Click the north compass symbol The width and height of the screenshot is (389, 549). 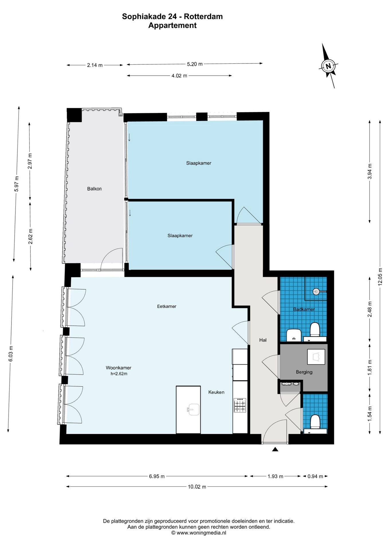click(x=328, y=66)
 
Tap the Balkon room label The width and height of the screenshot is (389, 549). click(x=94, y=189)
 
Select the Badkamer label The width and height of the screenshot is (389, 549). click(x=304, y=309)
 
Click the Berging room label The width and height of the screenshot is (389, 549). click(x=304, y=372)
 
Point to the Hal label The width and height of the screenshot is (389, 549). click(x=263, y=340)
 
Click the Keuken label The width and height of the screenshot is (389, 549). click(x=216, y=392)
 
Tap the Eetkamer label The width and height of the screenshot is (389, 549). click(x=167, y=306)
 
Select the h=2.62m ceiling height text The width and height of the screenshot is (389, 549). click(x=119, y=374)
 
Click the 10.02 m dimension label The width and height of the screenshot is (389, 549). click(x=197, y=487)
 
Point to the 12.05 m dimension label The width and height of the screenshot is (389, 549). click(x=380, y=277)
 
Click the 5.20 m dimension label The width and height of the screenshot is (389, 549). click(x=195, y=64)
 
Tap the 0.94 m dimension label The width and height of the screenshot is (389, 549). click(x=315, y=476)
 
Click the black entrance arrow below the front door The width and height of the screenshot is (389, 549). click(x=275, y=449)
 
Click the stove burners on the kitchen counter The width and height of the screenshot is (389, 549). click(x=240, y=405)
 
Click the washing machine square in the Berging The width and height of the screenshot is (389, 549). click(x=316, y=357)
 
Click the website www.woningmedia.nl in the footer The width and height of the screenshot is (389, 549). click(x=201, y=533)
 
